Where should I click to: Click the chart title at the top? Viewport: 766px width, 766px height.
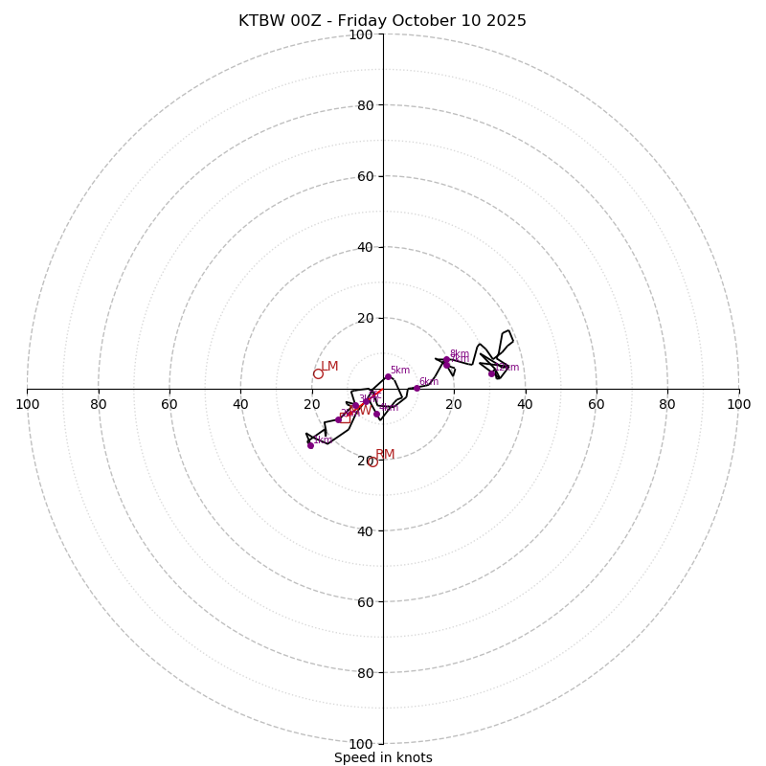[382, 21]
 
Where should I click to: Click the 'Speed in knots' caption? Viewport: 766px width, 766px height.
[383, 757]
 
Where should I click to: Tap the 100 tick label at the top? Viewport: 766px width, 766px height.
[361, 35]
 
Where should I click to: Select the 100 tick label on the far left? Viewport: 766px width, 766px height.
[27, 404]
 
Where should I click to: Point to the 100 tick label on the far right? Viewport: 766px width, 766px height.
[738, 404]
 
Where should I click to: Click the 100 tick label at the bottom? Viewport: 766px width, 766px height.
[361, 744]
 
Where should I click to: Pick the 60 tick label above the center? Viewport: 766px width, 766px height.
[365, 176]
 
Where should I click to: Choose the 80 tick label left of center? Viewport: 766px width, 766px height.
[99, 404]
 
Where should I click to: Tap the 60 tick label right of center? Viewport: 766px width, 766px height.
[597, 404]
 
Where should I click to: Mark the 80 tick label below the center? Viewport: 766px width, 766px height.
[365, 673]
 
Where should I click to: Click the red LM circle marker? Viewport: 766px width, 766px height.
[318, 373]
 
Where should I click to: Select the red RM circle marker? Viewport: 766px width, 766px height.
[372, 462]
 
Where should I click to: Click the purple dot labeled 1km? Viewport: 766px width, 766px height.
[310, 445]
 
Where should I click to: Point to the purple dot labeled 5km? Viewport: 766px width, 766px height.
[388, 376]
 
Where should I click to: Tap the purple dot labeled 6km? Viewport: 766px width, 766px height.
[417, 388]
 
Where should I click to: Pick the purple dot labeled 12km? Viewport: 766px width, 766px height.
[491, 373]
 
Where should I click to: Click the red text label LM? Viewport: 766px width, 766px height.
[329, 367]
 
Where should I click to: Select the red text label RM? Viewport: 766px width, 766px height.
[385, 455]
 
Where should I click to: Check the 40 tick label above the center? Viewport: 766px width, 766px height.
[365, 247]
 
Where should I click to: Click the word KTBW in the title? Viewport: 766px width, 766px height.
[261, 21]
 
